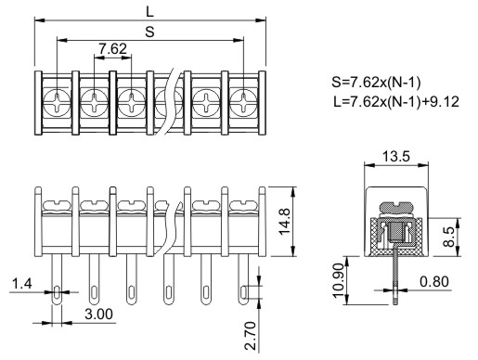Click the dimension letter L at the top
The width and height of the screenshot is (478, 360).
pos(149,12)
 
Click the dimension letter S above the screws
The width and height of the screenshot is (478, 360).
pos(149,32)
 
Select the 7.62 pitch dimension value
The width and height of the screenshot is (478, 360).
pos(112,49)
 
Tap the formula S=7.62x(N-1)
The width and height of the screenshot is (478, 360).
pos(376,83)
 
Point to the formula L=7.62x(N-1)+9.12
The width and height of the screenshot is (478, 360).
pos(396,101)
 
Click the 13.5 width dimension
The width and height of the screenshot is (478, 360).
pos(396,156)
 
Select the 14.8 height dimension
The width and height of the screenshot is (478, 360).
pos(285,222)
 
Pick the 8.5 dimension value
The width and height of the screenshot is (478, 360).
pos(449,237)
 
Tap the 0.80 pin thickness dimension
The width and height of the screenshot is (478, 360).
pos(434,282)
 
